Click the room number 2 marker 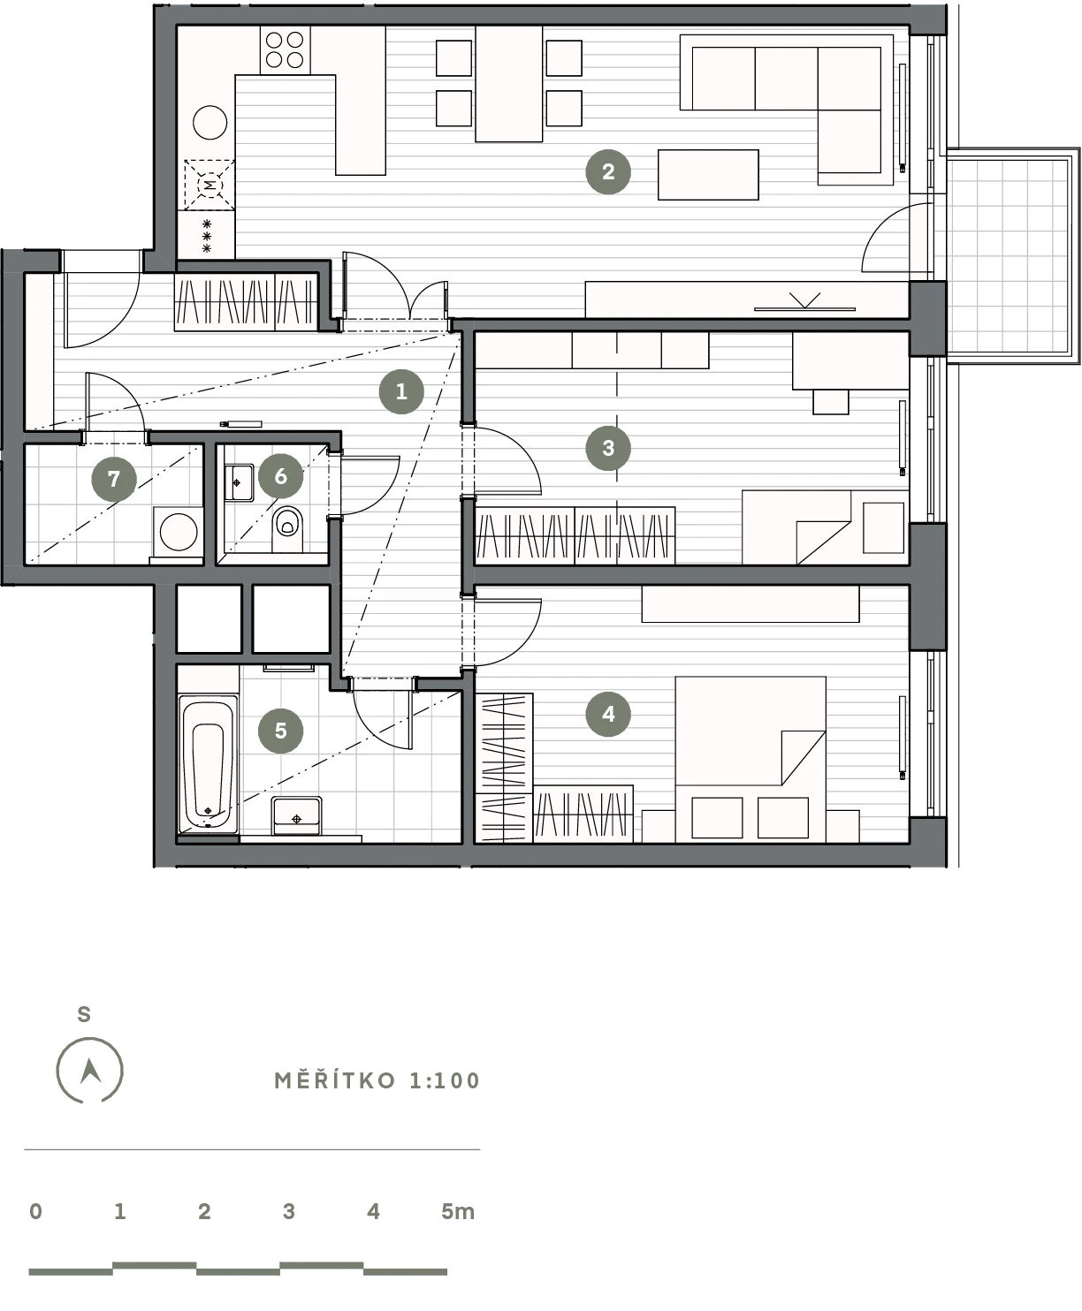coord(607,171)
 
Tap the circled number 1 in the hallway coord(401,391)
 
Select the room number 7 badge coord(114,479)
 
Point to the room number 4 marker coord(607,714)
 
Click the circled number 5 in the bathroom coord(280,731)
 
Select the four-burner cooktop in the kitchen coord(285,50)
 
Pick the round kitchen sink coord(210,122)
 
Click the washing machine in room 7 coord(179,532)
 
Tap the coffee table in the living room coord(708,175)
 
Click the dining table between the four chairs coord(509,84)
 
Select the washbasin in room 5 coord(296,815)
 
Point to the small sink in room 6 coord(239,482)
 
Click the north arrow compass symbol coord(90,1071)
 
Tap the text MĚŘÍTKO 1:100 coord(377,1080)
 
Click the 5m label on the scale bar coord(457,1211)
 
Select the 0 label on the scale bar coord(36,1211)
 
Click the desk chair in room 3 coord(831,402)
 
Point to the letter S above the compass coord(84,1014)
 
